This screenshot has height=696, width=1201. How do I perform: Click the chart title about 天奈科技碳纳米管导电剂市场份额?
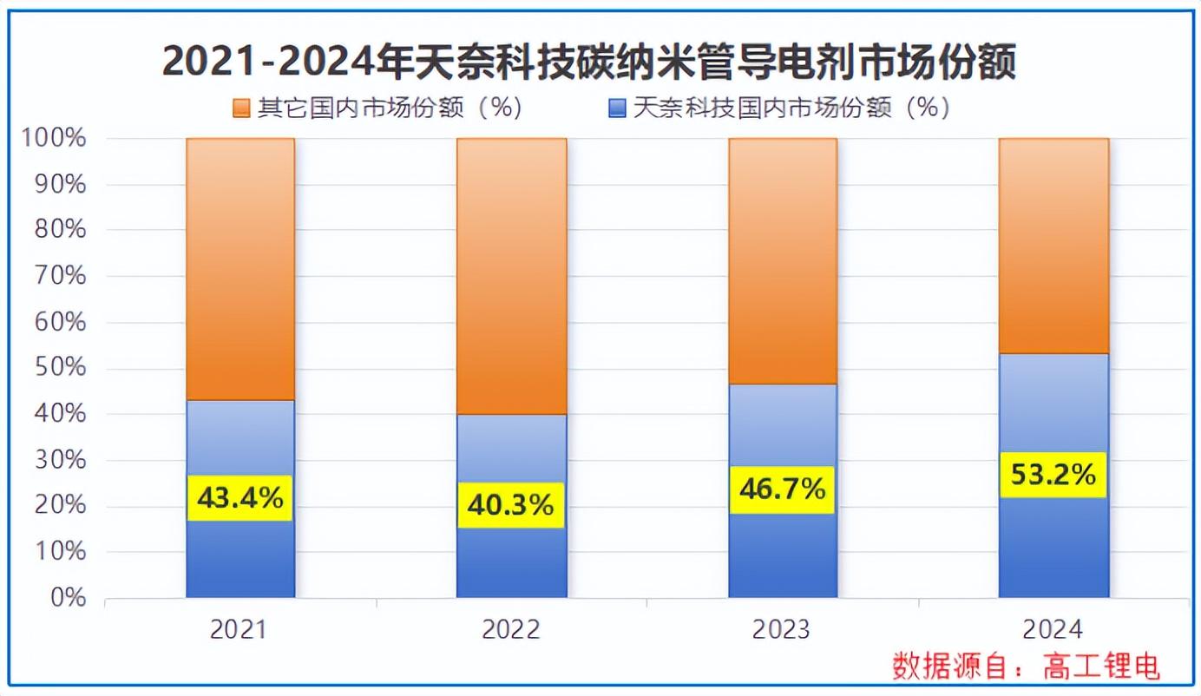pos(588,62)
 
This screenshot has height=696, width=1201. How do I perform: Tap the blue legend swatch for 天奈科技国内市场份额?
pos(617,108)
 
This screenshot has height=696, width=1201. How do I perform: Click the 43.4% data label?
pos(240,498)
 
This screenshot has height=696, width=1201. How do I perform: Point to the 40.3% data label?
pos(510,504)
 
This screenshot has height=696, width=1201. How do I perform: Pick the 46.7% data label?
pos(781,489)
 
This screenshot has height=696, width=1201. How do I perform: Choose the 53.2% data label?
pos(1053,475)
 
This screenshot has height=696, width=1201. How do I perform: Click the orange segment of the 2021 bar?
pos(240,269)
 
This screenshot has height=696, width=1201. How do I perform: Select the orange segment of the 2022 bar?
pos(511,276)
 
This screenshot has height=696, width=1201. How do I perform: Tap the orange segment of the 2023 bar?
pos(782,261)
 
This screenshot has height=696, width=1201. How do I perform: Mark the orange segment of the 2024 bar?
pos(1053,246)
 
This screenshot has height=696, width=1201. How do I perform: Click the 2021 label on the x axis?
pos(239,629)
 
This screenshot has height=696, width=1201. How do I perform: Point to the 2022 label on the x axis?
pos(510,629)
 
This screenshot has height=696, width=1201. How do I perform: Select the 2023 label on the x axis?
pos(782,629)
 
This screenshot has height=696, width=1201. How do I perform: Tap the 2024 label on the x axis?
pos(1053,629)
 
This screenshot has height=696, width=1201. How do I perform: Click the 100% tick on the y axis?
pos(54,138)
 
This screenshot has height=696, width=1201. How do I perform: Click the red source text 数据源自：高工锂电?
pos(1027,666)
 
